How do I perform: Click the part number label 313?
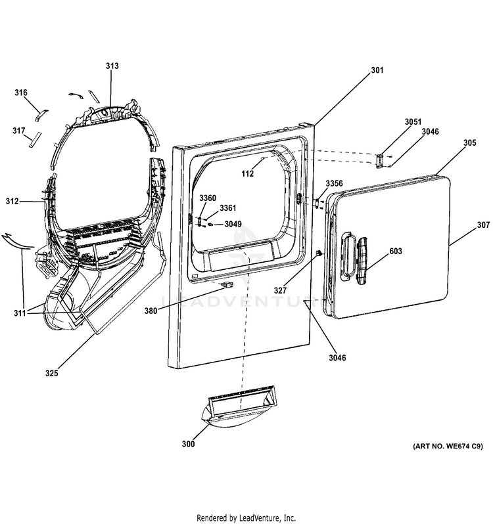point(112,66)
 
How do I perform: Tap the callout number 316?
point(21,93)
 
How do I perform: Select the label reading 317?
point(18,130)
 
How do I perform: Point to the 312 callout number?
point(12,201)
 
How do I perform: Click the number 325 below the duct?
point(52,373)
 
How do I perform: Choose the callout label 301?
point(377,70)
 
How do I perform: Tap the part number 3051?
point(413,121)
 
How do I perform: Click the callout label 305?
point(469,142)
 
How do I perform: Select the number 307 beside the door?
point(483,225)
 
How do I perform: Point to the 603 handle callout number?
point(396,251)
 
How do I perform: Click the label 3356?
point(335,183)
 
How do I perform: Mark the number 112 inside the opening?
point(248,173)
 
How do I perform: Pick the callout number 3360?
point(208,198)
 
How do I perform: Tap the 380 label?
point(151,311)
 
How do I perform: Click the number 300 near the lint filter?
point(188,444)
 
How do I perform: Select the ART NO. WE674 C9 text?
point(448,446)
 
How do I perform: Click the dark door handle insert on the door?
point(362,261)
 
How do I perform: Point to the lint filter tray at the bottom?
point(239,408)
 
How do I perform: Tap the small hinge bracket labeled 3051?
point(380,161)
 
